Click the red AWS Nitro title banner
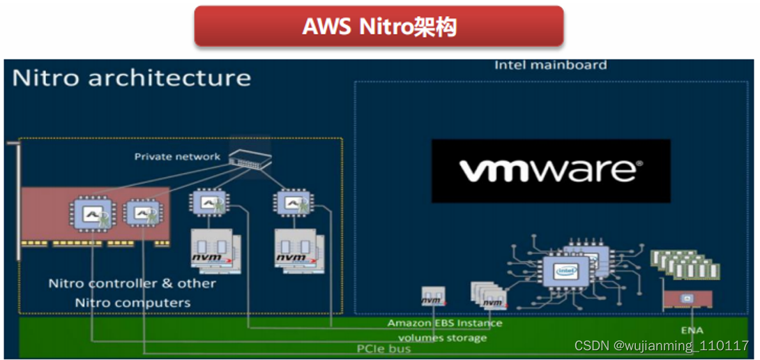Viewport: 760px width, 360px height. click(x=379, y=27)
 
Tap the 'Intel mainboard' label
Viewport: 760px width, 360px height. click(x=550, y=65)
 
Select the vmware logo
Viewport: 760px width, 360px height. click(x=551, y=171)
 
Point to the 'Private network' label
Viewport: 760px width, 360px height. click(x=177, y=157)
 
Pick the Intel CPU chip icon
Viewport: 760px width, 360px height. click(x=566, y=271)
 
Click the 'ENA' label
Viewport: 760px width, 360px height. click(x=692, y=330)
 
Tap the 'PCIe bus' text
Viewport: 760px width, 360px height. click(x=383, y=347)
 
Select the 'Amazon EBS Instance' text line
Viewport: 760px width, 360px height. click(x=445, y=323)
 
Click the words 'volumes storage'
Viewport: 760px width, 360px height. click(x=442, y=338)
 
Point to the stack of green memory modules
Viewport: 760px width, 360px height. click(x=685, y=265)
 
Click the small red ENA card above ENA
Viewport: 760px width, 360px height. click(x=687, y=300)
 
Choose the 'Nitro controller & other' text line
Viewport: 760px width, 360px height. click(x=132, y=284)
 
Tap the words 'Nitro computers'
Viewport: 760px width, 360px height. click(x=132, y=303)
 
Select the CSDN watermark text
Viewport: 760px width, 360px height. click(x=661, y=345)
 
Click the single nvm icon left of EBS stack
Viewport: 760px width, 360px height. click(x=430, y=297)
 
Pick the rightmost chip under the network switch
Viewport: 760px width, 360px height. click(x=291, y=204)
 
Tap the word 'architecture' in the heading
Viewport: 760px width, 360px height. click(x=169, y=77)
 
